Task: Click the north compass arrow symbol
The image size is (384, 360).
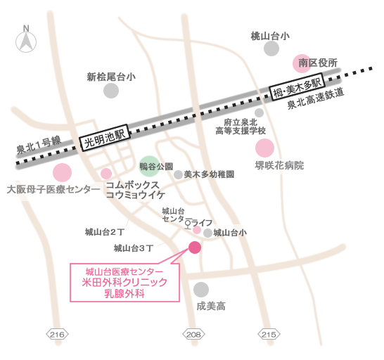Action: (26, 40)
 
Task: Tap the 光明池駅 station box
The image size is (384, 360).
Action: (105, 137)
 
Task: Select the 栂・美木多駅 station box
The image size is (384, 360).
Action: (297, 86)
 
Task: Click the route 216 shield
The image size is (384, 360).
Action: (57, 334)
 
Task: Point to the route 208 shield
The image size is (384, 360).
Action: (193, 334)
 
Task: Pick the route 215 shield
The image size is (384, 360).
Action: (269, 334)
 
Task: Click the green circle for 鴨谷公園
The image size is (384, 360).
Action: (149, 166)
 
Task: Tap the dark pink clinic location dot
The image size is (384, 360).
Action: (195, 247)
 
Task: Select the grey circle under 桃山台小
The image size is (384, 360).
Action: (271, 49)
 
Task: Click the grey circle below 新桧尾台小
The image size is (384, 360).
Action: (111, 91)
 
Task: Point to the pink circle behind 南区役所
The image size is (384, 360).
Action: (302, 63)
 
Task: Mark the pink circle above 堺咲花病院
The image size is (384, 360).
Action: (264, 148)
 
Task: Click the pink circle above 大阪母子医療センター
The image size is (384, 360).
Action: (62, 173)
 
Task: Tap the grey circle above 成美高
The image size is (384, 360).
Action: (201, 290)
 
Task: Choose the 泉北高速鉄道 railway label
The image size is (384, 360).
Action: (316, 98)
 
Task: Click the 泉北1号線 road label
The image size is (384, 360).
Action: (39, 146)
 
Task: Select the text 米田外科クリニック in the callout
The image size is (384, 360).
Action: (124, 283)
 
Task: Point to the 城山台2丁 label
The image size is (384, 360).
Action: (105, 232)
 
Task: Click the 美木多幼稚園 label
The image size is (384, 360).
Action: (209, 174)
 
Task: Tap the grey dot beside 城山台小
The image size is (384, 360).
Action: (208, 233)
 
